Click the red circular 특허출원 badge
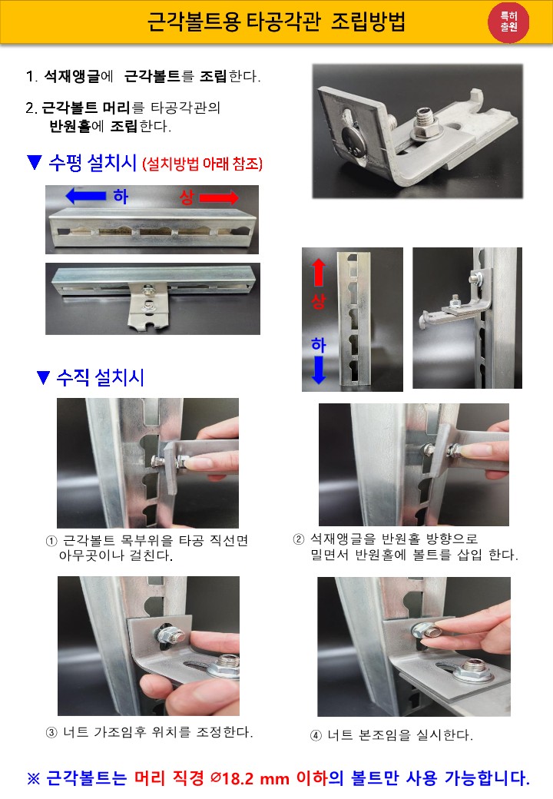tap(508, 22)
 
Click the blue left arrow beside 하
tap(86, 196)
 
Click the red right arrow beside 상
tap(219, 197)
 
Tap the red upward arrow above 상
tap(318, 272)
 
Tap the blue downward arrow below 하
tap(318, 370)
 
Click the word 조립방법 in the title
tap(368, 22)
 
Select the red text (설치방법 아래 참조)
tap(203, 164)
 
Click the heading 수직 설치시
tap(100, 377)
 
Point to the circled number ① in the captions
tap(51, 541)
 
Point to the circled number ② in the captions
tap(299, 539)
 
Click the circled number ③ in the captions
tap(51, 733)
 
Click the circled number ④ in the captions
tap(316, 735)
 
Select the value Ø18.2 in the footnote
tap(232, 778)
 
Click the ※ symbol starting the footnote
tap(33, 778)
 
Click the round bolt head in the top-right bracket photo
tap(353, 139)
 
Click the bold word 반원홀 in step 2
tap(70, 125)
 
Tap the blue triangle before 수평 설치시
tap(34, 163)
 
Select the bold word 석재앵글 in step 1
tap(71, 76)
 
